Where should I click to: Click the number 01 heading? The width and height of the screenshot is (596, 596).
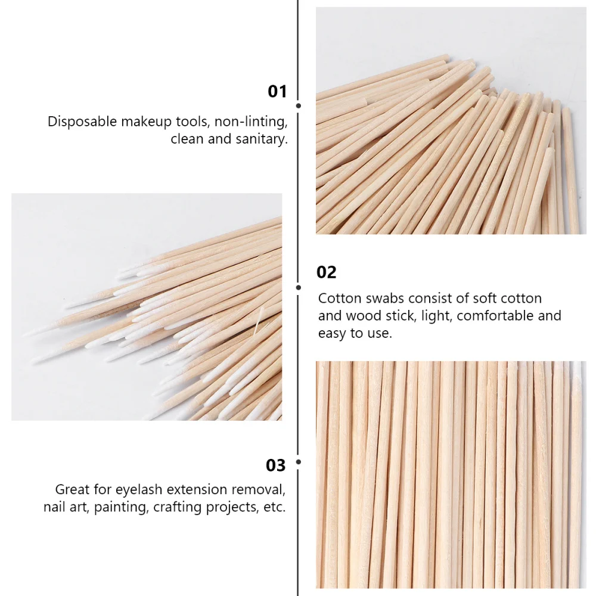click(x=277, y=92)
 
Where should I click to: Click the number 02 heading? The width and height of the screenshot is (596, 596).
click(x=326, y=272)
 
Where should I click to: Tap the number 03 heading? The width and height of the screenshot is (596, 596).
click(x=276, y=465)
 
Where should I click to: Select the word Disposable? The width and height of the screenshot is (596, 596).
click(x=82, y=122)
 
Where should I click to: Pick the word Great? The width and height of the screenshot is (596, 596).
click(x=72, y=490)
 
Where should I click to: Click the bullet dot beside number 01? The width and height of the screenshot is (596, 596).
click(x=298, y=105)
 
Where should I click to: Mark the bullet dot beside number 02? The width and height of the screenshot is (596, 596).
click(x=298, y=287)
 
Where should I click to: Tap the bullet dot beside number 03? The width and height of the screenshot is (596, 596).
click(x=298, y=462)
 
